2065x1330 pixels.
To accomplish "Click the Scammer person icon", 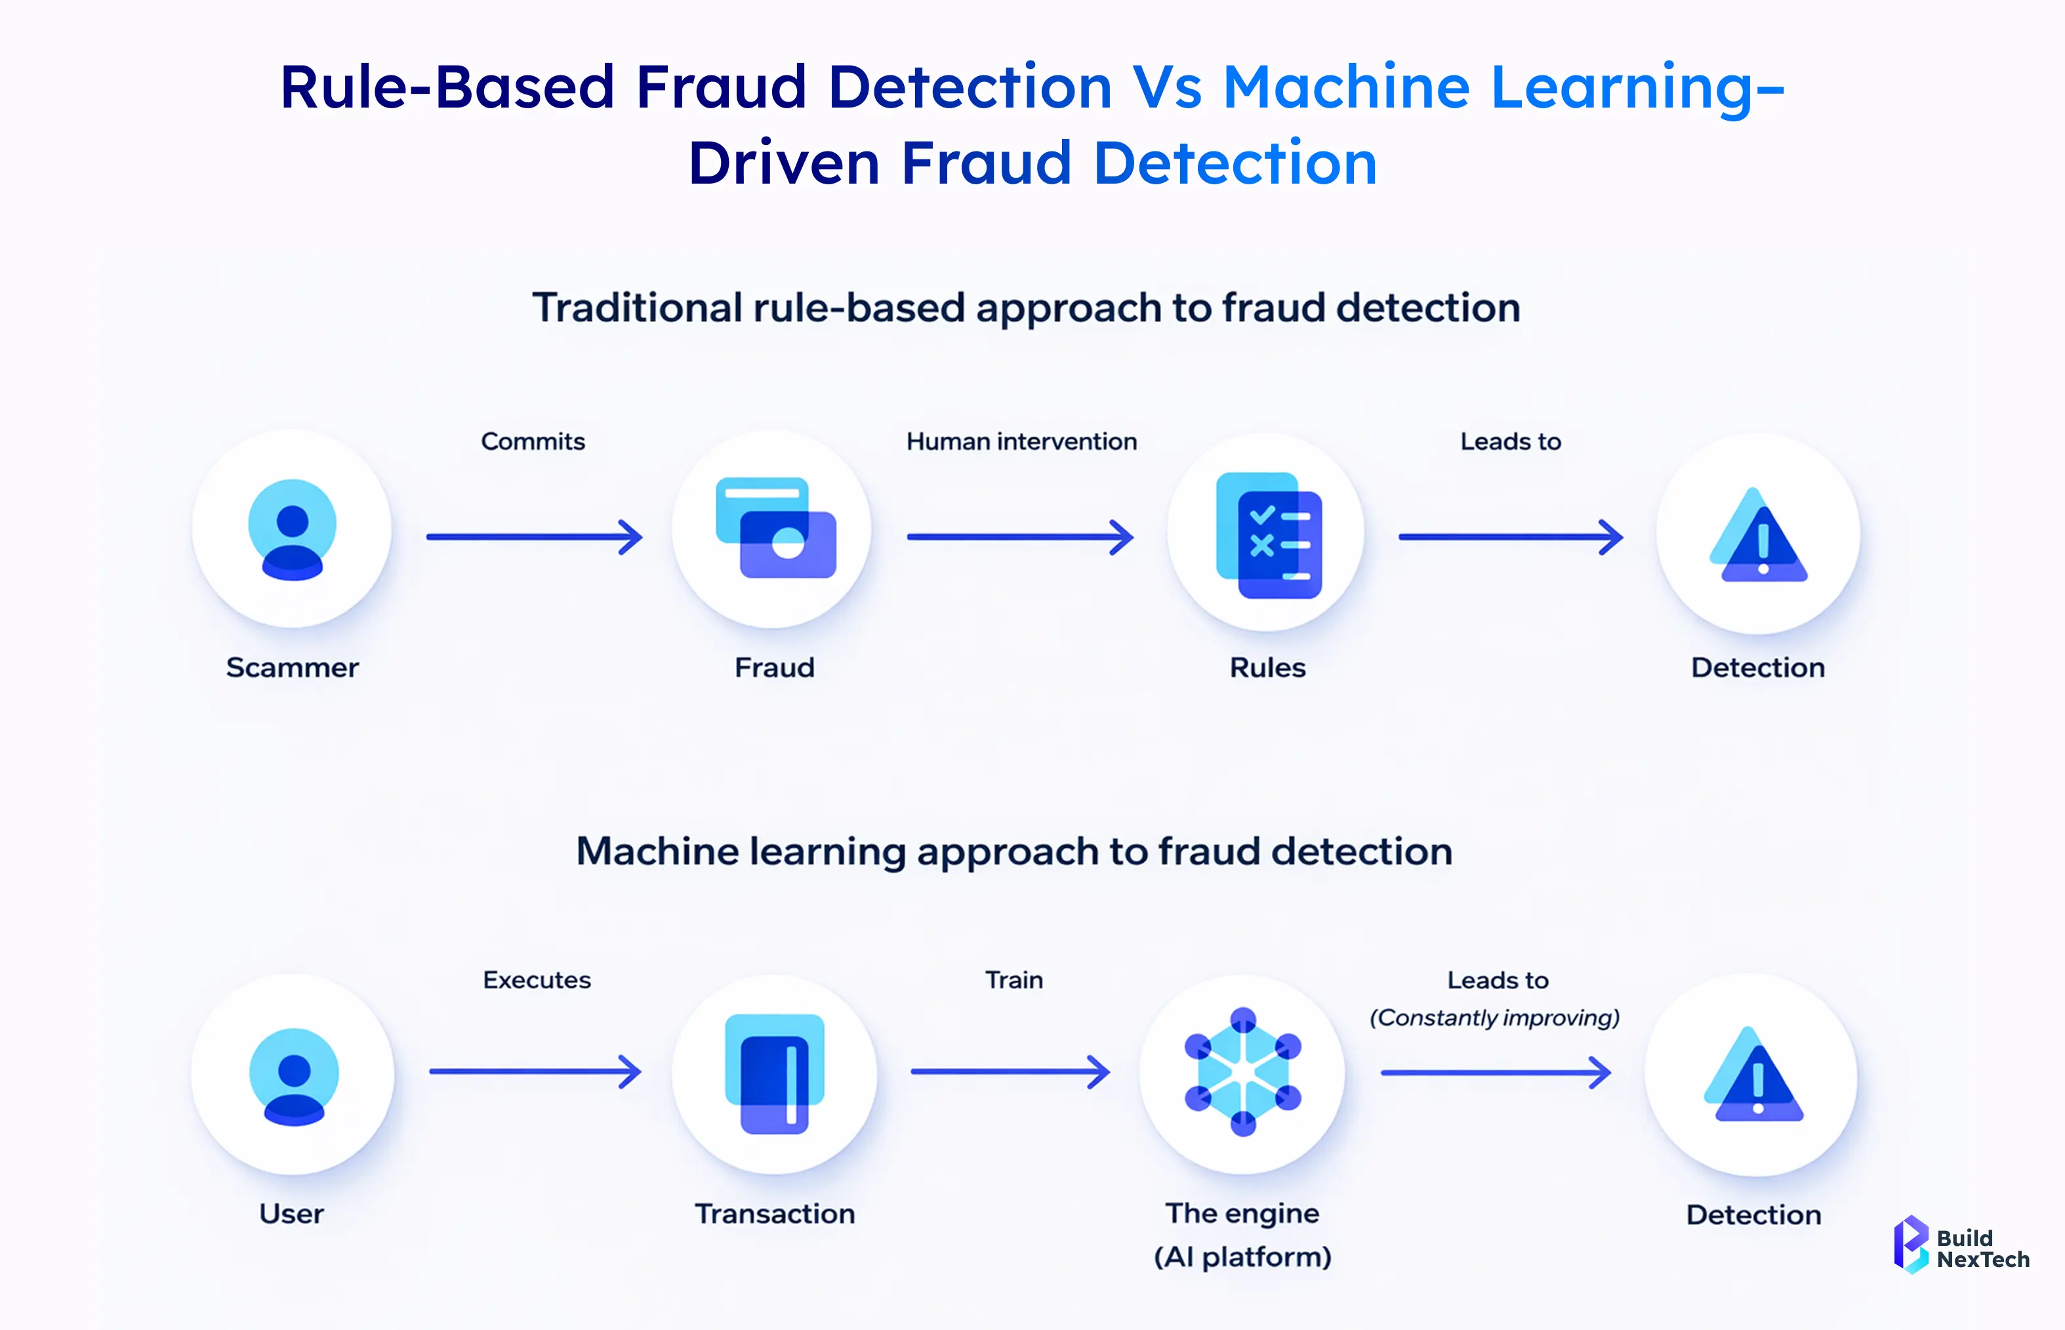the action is click(x=292, y=529).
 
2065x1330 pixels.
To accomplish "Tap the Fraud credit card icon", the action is click(x=775, y=528).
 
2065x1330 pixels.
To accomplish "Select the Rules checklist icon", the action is click(x=1269, y=534).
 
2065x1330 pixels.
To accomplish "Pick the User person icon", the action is click(x=294, y=1076).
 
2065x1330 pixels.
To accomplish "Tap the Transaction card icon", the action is click(x=775, y=1074).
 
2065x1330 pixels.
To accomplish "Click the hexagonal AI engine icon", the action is click(x=1243, y=1072).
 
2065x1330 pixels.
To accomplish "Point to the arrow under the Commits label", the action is click(x=535, y=537).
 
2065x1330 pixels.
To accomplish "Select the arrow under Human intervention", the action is click(x=1020, y=537).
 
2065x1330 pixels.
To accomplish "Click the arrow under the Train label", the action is click(x=1010, y=1072).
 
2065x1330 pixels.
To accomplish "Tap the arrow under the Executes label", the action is click(x=535, y=1072).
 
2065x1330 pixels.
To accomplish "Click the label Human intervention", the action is click(x=1022, y=441).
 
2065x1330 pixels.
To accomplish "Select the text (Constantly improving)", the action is click(x=1495, y=1017).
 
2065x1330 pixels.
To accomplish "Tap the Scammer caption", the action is click(x=292, y=668).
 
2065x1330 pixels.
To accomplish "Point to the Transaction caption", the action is click(x=775, y=1213).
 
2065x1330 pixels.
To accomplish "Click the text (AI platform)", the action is click(x=1243, y=1257).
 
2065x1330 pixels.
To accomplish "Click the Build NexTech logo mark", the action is click(x=1910, y=1245).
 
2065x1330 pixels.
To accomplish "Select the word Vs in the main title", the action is click(x=1168, y=87).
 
